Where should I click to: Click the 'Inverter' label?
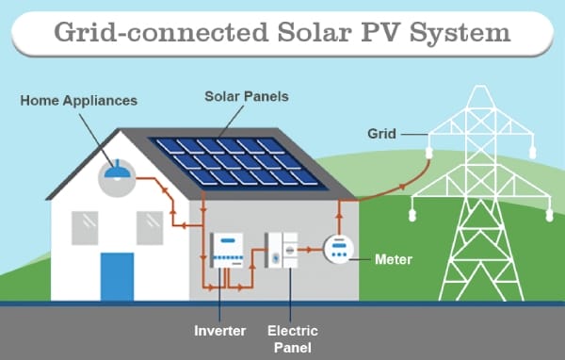click(x=219, y=330)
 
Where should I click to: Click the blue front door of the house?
click(x=118, y=276)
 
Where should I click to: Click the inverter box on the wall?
click(x=225, y=251)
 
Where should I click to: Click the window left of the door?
click(x=86, y=226)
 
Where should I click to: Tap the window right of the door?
click(x=149, y=226)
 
